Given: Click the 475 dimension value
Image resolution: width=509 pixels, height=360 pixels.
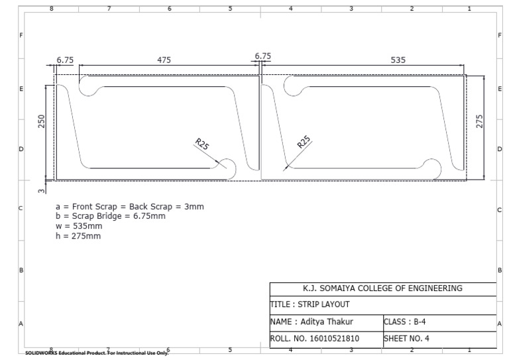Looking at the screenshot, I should [x=164, y=60].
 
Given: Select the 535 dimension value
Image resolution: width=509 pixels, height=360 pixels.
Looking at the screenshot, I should [x=398, y=60].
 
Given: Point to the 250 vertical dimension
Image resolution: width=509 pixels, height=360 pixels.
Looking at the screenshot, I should [x=42, y=122].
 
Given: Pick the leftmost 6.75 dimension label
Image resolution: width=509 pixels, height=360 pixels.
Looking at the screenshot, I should [x=65, y=60].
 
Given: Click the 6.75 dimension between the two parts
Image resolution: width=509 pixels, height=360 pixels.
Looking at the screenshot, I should [x=262, y=56].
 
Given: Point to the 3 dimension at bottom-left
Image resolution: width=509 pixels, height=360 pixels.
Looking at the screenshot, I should [x=41, y=192].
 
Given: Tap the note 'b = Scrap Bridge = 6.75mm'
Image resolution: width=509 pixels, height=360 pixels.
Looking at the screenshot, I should [x=110, y=216].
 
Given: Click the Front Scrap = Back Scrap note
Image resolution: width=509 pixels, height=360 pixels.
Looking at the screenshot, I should [x=129, y=206].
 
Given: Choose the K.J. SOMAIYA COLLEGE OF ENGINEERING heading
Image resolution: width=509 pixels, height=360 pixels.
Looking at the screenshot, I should [x=382, y=288].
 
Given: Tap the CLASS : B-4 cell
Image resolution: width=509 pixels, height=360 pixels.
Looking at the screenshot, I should [x=405, y=322].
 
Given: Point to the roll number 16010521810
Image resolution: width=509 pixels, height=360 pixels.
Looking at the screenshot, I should [x=315, y=338].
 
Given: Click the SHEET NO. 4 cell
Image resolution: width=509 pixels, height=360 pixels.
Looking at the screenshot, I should [x=407, y=338].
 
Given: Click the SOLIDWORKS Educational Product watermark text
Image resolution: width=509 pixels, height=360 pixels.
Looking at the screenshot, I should [x=96, y=353].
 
